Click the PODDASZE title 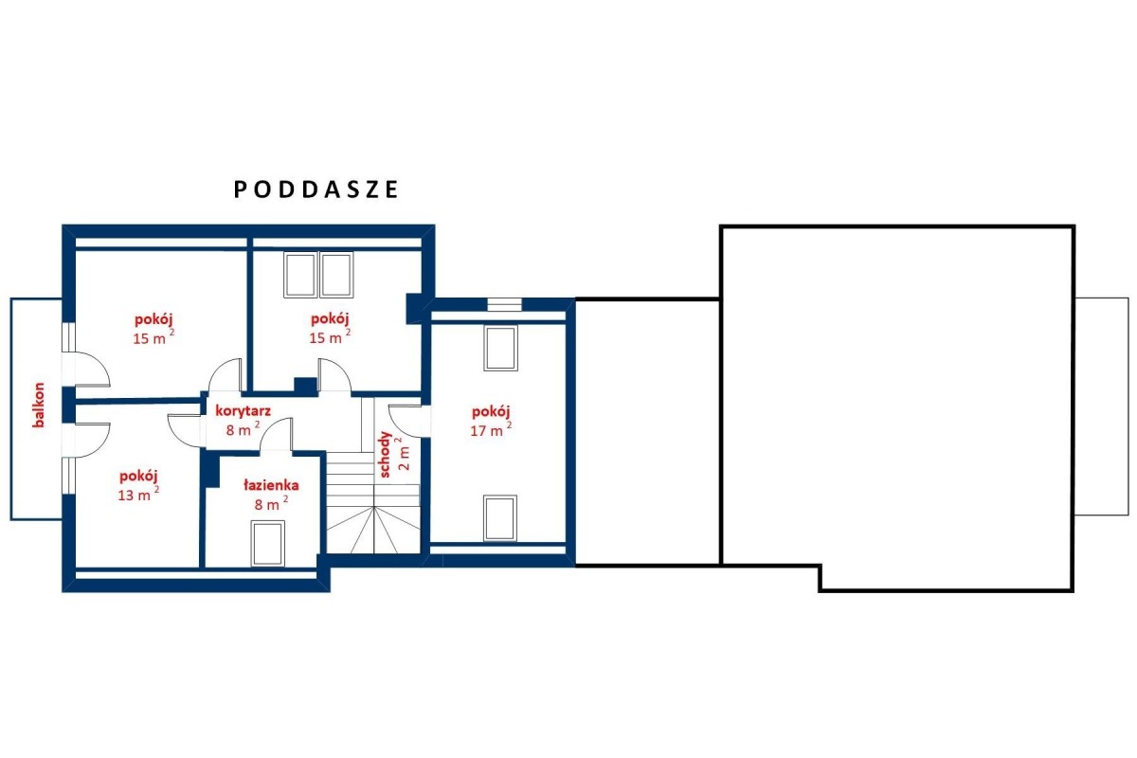coord(316,189)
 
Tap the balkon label coord(39,406)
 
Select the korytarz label coord(243,411)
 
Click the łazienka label coord(271,485)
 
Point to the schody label coord(386,455)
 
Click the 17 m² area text coord(491,430)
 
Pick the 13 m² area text coord(138,495)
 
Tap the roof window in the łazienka coord(268,543)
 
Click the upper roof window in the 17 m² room coord(500,349)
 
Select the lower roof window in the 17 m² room coord(500,518)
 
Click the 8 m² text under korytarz coord(243,429)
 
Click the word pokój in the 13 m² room coord(138,477)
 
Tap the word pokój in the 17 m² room coord(491,411)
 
